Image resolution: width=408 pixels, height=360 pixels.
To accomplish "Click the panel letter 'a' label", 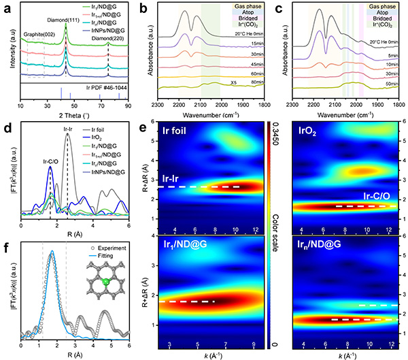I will (x=5, y=6).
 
